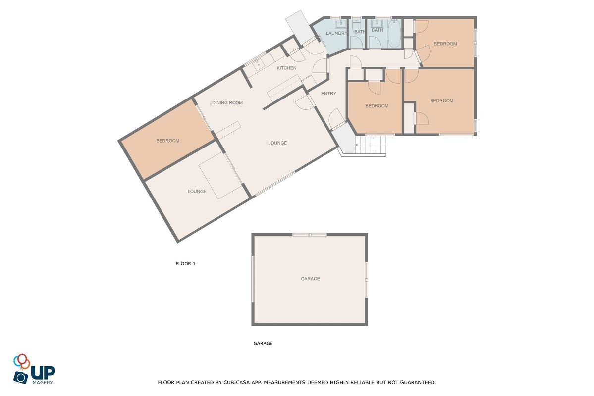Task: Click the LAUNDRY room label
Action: coord(336,33)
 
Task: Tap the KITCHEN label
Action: coord(286,68)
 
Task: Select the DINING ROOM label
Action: coord(227,103)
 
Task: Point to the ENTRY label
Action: coord(328,94)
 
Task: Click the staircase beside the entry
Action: coord(371,145)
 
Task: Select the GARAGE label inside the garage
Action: coord(310,279)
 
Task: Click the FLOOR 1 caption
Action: coord(186,264)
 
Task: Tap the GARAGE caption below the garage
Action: coord(263,344)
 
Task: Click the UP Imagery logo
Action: coord(34,369)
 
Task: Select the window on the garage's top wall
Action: coord(310,235)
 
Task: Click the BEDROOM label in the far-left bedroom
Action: coord(168,141)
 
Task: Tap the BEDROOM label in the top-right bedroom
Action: coord(445,44)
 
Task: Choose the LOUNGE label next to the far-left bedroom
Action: coord(197,192)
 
